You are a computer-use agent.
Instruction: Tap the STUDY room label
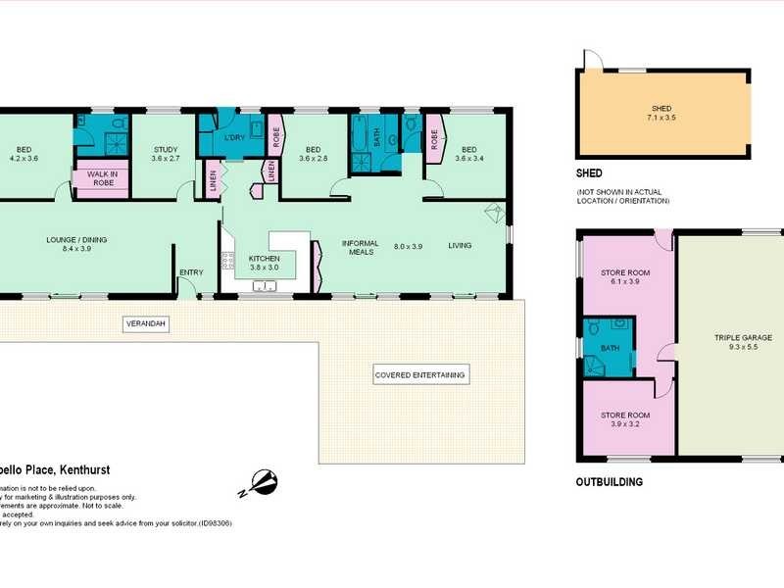pyautogui.click(x=166, y=151)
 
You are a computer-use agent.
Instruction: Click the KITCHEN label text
pyautogui.click(x=265, y=259)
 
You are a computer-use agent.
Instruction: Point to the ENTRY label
pyautogui.click(x=190, y=273)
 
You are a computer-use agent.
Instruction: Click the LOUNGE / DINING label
pyautogui.click(x=76, y=239)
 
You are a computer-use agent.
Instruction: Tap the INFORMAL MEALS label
pyautogui.click(x=360, y=247)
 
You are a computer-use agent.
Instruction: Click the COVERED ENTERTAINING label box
pyautogui.click(x=420, y=374)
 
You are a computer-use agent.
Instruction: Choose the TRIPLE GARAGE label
pyautogui.click(x=742, y=338)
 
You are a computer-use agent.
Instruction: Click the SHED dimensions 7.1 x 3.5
pyautogui.click(x=662, y=117)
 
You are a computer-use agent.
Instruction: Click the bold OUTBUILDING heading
pyautogui.click(x=609, y=482)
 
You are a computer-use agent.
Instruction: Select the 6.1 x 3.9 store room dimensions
pyautogui.click(x=624, y=280)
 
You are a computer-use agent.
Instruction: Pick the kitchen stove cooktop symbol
pyautogui.click(x=228, y=261)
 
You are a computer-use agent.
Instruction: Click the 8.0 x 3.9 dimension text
pyautogui.click(x=408, y=247)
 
